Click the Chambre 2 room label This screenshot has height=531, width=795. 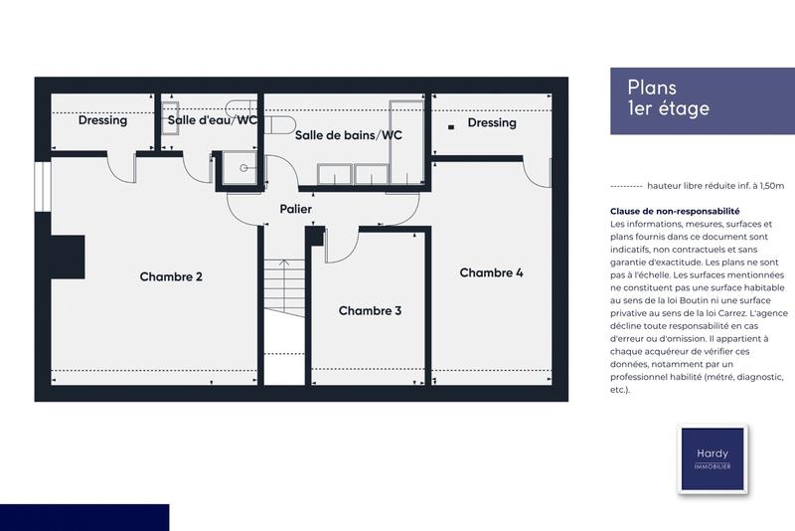[x=171, y=276]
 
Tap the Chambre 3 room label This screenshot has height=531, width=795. [x=370, y=311]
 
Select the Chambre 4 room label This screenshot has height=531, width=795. [x=491, y=272]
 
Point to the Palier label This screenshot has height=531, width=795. [x=295, y=210]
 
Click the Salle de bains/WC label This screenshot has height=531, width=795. [x=348, y=135]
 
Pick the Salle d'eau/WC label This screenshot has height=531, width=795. [x=212, y=120]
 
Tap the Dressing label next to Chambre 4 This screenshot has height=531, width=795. [x=492, y=123]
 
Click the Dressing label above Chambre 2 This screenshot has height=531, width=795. [x=102, y=120]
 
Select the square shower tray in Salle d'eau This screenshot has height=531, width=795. [x=238, y=168]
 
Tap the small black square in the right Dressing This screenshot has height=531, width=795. [x=450, y=126]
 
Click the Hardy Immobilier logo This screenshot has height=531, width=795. [x=712, y=458]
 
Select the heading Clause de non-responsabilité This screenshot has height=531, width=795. [x=675, y=212]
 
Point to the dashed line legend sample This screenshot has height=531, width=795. [x=624, y=186]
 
